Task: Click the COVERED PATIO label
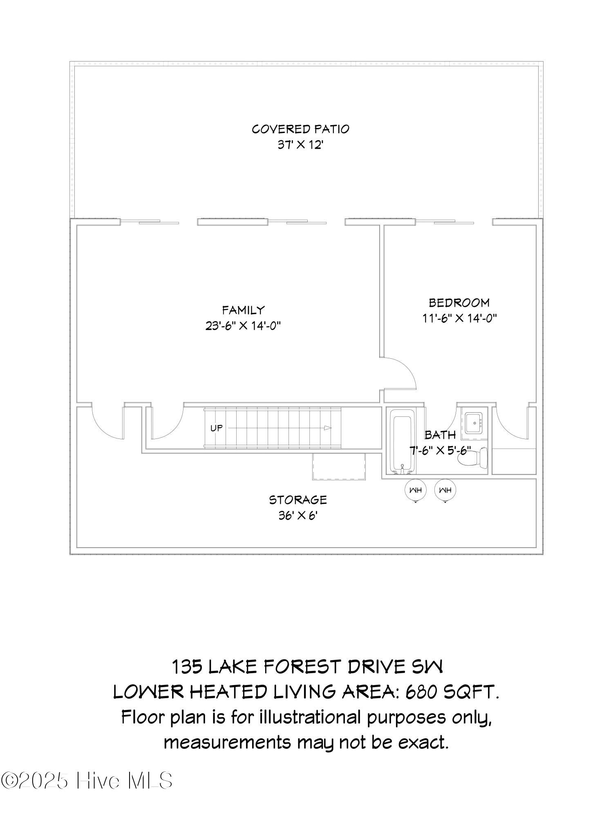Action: (x=300, y=129)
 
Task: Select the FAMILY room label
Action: (x=244, y=310)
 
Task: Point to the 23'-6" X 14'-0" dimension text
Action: (x=244, y=326)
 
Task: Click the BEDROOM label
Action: (x=459, y=303)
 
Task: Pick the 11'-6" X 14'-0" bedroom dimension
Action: (x=459, y=318)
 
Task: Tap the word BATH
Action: (x=440, y=435)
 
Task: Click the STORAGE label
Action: (x=298, y=500)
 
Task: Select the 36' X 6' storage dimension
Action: (x=298, y=516)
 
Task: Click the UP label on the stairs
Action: (x=217, y=428)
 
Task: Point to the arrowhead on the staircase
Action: (x=327, y=428)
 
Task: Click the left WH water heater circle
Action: (x=416, y=490)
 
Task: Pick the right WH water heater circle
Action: (x=445, y=490)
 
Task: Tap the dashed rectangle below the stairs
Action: (x=339, y=466)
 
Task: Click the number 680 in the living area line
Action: (x=418, y=692)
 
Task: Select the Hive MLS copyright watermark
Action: (x=87, y=780)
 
